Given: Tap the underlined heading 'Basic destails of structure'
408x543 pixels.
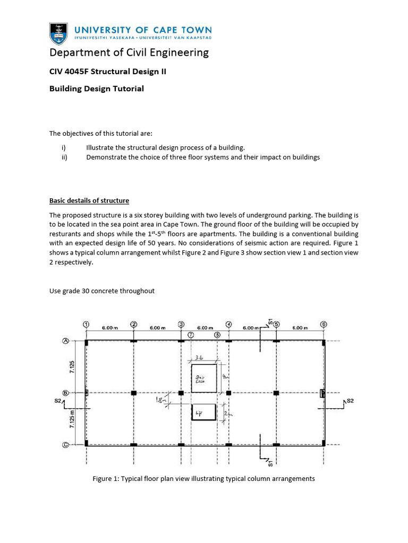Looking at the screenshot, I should pyautogui.click(x=89, y=200).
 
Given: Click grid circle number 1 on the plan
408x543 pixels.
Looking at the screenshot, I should pyautogui.click(x=87, y=324).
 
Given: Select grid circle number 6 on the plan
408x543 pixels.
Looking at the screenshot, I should pyautogui.click(x=323, y=324).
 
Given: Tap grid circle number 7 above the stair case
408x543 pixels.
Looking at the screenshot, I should pyautogui.click(x=191, y=335).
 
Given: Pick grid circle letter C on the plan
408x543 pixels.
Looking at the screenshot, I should pyautogui.click(x=66, y=444).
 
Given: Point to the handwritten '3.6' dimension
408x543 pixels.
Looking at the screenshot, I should pyautogui.click(x=201, y=358).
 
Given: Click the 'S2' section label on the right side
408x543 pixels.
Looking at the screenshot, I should pyautogui.click(x=350, y=401).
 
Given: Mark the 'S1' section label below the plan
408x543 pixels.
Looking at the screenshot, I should pyautogui.click(x=270, y=463).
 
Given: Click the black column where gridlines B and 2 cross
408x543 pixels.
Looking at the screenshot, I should pyautogui.click(x=134, y=392).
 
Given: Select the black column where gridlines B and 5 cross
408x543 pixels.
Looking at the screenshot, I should pyautogui.click(x=276, y=392).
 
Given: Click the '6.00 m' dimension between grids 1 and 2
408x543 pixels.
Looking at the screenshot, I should pyautogui.click(x=110, y=328).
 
